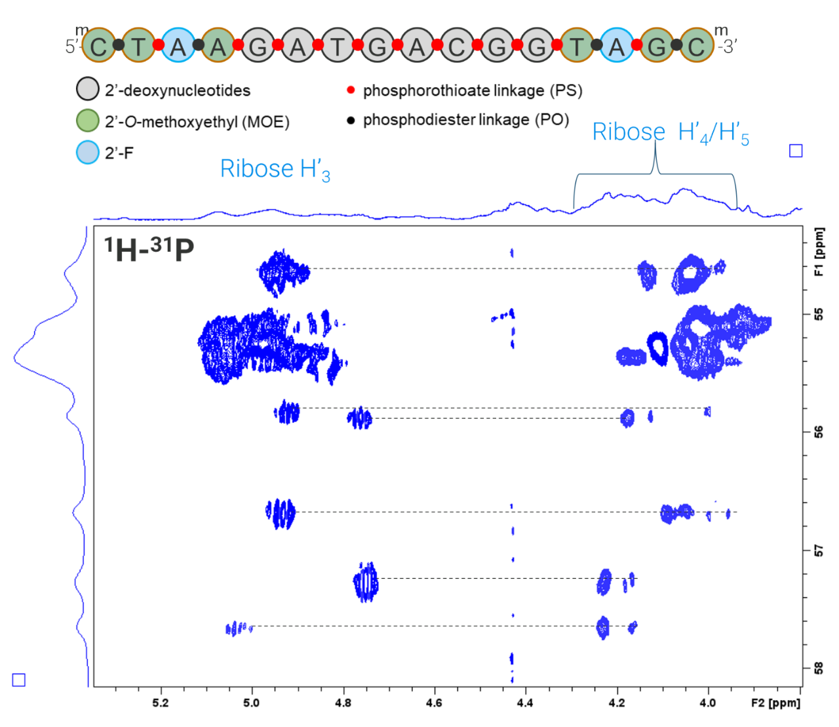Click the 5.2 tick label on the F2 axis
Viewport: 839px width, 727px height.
[160, 703]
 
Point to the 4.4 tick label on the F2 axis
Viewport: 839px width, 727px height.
[524, 703]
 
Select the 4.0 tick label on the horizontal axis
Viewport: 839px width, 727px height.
[707, 703]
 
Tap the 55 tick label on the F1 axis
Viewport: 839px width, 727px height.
[819, 314]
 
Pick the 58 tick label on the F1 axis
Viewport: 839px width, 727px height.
[819, 668]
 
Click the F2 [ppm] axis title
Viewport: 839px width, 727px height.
[775, 703]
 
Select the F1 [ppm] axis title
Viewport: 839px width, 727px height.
[819, 252]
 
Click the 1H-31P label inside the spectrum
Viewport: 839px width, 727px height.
[149, 249]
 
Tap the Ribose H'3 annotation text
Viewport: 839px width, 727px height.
[275, 169]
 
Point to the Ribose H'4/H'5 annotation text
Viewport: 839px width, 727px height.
[670, 132]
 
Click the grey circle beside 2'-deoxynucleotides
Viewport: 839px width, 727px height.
[87, 89]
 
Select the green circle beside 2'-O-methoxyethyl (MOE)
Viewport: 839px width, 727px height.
[87, 121]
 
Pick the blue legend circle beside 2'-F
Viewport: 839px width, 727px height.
[87, 152]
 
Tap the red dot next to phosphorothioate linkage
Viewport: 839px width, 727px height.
[351, 90]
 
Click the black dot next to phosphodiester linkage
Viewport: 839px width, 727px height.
[351, 120]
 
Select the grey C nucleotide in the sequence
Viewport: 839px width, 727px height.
[457, 47]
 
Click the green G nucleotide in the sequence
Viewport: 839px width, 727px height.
[657, 47]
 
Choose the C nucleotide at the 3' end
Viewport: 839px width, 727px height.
[696, 47]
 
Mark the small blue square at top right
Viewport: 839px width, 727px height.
[796, 151]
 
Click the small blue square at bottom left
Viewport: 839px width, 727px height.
[19, 680]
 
